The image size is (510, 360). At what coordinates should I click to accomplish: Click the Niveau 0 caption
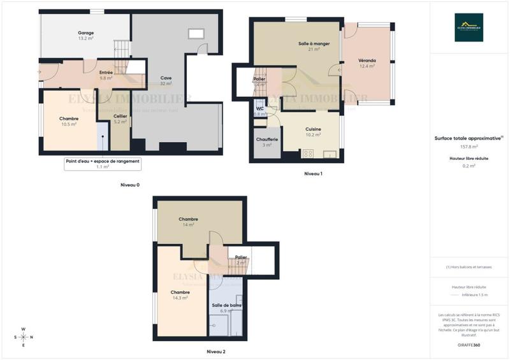coord(130,185)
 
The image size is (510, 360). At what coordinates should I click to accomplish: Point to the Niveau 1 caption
coord(313,174)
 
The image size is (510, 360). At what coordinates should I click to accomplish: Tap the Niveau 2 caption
coord(216,351)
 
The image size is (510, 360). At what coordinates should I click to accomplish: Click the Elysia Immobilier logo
coord(469,27)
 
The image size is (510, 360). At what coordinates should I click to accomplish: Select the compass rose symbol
coord(23,337)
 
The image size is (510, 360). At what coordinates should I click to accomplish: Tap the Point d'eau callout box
coord(103,164)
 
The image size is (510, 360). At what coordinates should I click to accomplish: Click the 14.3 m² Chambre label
coord(180,295)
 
